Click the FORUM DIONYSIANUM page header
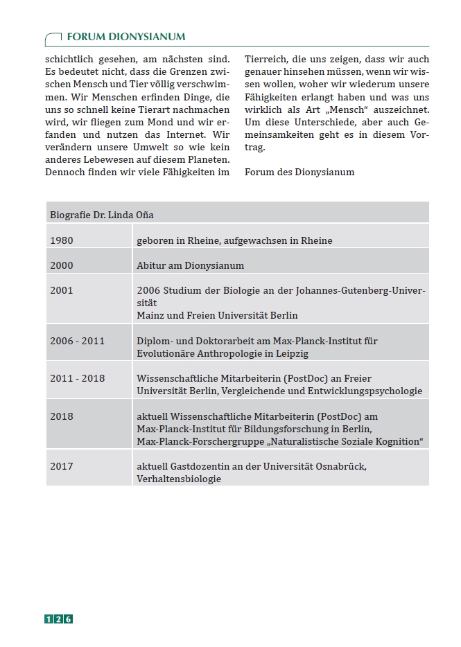(x=125, y=37)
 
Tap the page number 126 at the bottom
(x=59, y=619)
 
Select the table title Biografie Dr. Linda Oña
(x=102, y=215)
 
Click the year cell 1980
(x=62, y=240)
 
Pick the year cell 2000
(x=62, y=265)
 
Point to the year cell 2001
(x=62, y=291)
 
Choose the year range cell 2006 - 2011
(x=77, y=341)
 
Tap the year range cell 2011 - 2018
(x=77, y=378)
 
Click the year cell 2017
(x=62, y=466)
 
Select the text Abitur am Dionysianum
(x=190, y=265)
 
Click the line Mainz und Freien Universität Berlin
(x=217, y=315)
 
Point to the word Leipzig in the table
(x=290, y=353)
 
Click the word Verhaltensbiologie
(x=179, y=479)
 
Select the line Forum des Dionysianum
(x=299, y=172)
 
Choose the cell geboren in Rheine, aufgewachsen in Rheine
(x=234, y=240)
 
